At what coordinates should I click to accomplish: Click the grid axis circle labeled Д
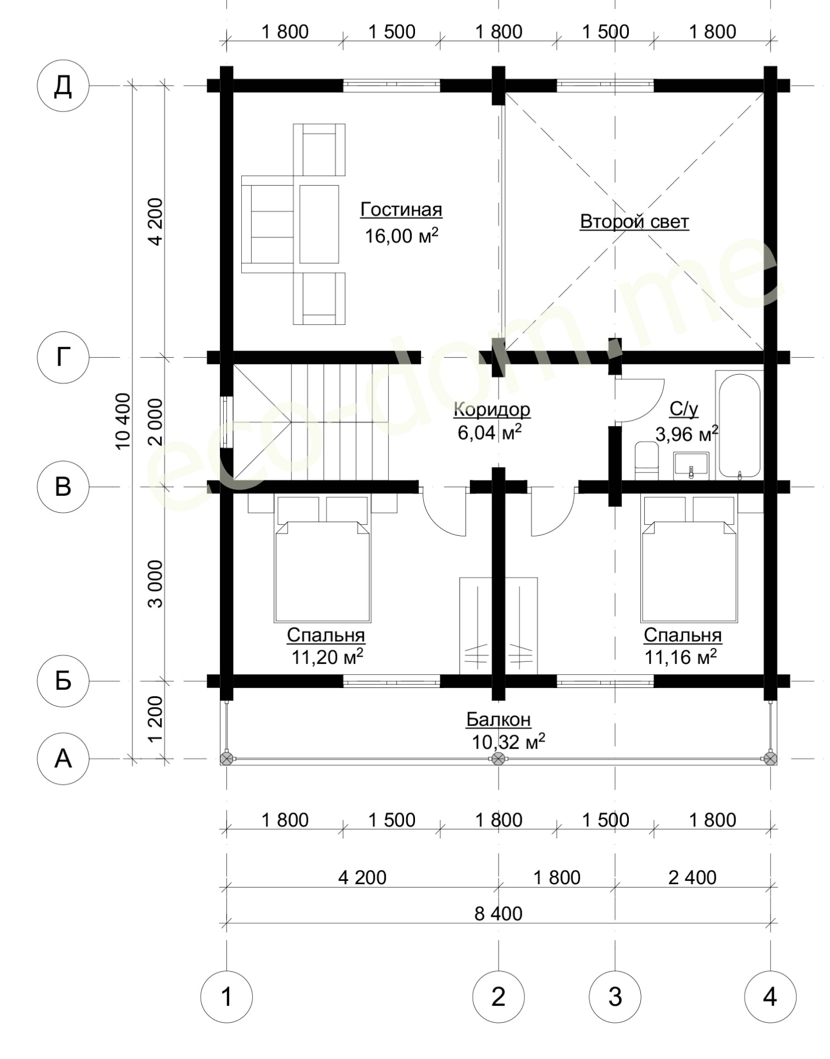tap(63, 86)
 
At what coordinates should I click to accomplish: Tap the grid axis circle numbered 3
tap(615, 996)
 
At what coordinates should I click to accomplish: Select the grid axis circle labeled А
tap(63, 759)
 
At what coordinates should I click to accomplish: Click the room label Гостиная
tap(401, 210)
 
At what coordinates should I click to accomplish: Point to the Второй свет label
tap(634, 222)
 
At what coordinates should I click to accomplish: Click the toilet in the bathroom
tap(647, 461)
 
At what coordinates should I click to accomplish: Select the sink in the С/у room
tap(691, 465)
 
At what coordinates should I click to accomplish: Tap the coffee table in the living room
tap(319, 224)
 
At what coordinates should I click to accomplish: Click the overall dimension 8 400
tap(499, 914)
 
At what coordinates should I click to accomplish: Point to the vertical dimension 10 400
tap(123, 421)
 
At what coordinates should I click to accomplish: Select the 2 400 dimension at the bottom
tap(693, 878)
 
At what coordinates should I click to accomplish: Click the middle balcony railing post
tap(498, 759)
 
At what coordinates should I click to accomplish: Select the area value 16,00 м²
tap(401, 235)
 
